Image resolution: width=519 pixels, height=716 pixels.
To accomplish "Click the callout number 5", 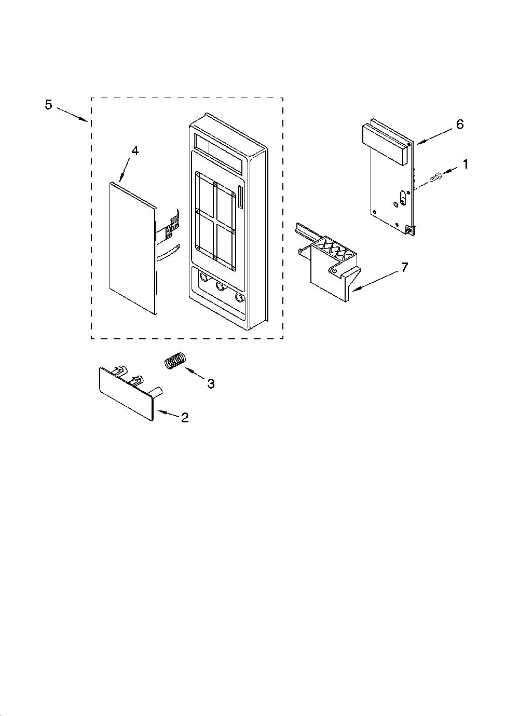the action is tap(48, 104).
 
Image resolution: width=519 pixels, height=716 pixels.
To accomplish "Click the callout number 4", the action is tap(135, 150).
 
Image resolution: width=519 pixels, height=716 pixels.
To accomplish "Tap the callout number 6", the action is tap(459, 124).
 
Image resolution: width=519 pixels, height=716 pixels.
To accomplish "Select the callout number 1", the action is tap(466, 164).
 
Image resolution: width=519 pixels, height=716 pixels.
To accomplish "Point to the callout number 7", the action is tap(404, 267).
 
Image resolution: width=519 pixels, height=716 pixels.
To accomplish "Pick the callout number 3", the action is tap(211, 383).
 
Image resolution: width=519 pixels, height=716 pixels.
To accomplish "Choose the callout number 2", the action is tap(185, 418).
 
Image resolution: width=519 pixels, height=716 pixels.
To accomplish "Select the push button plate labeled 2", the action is tap(128, 394).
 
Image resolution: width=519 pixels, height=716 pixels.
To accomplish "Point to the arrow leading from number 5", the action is tap(72, 114).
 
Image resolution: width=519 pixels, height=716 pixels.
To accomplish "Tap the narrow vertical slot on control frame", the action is tap(240, 199).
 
